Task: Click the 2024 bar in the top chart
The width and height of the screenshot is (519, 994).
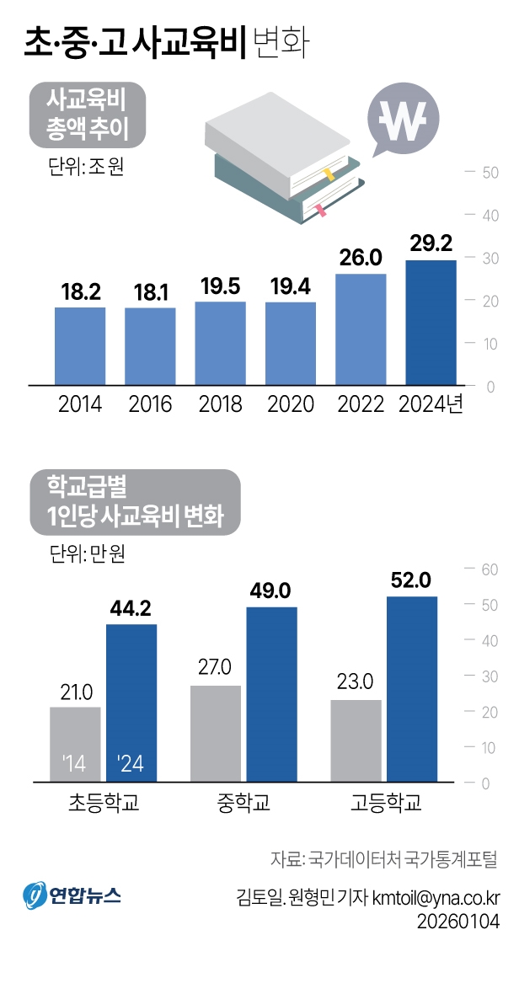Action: (431, 323)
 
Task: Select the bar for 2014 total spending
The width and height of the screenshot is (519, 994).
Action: (80, 346)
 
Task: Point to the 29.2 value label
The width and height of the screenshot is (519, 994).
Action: (431, 243)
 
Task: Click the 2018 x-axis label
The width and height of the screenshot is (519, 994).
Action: (220, 404)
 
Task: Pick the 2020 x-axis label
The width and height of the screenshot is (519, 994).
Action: (291, 404)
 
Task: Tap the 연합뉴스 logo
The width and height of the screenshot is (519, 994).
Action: (72, 894)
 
